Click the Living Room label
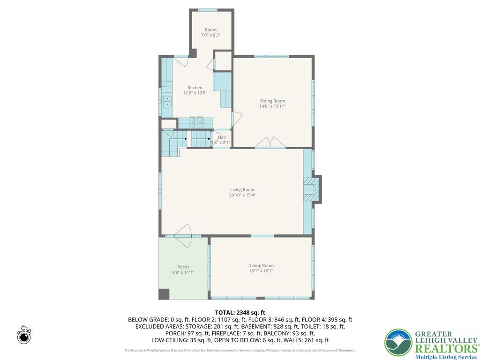point(242,189)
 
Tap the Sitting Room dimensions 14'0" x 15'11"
point(272,106)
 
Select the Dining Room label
point(261,265)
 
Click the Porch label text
point(183,267)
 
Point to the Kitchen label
point(195,88)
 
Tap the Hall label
point(222,137)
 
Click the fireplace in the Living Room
point(311,189)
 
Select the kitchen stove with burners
point(196,121)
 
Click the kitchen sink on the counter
point(167,101)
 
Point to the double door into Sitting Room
point(270,142)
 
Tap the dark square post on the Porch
point(164,294)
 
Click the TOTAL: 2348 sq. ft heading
point(240,313)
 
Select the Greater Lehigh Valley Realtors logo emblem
point(398,343)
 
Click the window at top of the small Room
point(207,10)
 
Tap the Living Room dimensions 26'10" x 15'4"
point(242,195)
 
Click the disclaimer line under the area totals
point(240,350)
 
